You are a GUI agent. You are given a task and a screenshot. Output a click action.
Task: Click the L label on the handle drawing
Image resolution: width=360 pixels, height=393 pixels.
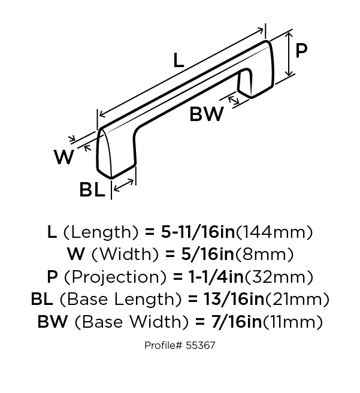[x=179, y=60]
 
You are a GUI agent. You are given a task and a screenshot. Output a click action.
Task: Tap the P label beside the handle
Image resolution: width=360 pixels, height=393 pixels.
[x=301, y=50]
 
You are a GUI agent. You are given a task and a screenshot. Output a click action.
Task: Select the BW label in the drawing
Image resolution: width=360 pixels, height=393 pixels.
[x=207, y=114]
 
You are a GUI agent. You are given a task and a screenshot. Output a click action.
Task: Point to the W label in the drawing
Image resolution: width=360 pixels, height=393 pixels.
[x=64, y=157]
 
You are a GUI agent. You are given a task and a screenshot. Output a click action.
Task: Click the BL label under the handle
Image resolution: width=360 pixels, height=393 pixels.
[x=92, y=189]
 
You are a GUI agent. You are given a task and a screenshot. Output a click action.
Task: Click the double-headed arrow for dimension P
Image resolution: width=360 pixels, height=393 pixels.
[x=289, y=54]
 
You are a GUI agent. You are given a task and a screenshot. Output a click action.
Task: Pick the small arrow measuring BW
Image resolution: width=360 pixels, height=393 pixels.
[x=234, y=100]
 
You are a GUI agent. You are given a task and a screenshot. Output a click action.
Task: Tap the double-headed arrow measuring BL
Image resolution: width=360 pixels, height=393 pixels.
[x=123, y=185]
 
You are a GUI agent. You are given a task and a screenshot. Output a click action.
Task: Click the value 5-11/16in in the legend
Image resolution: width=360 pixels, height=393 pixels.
[x=198, y=232]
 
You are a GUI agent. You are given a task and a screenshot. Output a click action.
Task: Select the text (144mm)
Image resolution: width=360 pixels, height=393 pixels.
[x=274, y=232]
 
